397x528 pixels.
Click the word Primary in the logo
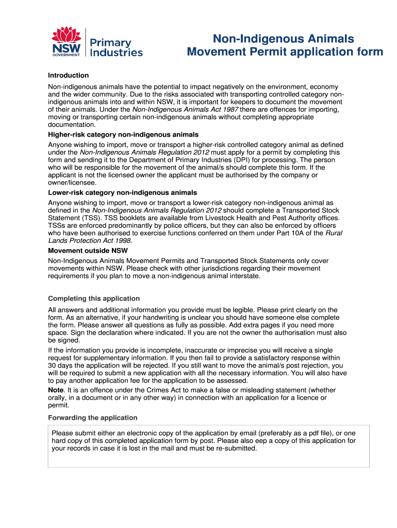110,43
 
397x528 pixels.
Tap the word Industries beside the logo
117,52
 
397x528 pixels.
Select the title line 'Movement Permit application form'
285,52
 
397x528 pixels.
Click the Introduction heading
68,75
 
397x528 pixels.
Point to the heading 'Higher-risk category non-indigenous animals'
116,135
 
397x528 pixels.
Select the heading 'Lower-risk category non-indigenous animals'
115,193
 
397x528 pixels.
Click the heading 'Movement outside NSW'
88,251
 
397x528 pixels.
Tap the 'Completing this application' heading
93,299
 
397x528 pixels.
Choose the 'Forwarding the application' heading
92,418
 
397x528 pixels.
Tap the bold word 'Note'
56,390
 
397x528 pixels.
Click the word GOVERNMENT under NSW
65,54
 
